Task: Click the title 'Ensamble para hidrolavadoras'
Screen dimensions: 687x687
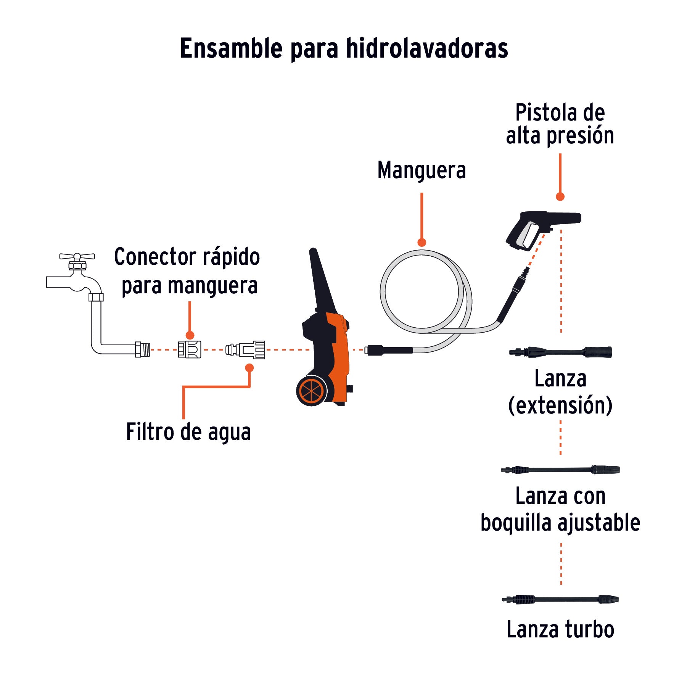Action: (344, 48)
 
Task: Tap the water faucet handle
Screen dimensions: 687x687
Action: (77, 256)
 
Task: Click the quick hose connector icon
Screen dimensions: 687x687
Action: (190, 349)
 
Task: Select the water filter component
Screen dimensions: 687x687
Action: (245, 349)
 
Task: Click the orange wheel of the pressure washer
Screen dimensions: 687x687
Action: (312, 391)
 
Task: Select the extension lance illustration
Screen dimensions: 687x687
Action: (560, 352)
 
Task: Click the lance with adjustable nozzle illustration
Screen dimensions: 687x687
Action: (560, 470)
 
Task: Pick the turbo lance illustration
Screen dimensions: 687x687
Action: (560, 600)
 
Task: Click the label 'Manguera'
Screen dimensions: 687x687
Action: (422, 170)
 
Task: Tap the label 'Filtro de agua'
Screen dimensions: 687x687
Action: (188, 432)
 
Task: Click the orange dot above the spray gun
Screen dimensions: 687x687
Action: (560, 197)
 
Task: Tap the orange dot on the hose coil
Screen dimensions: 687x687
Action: (422, 243)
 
